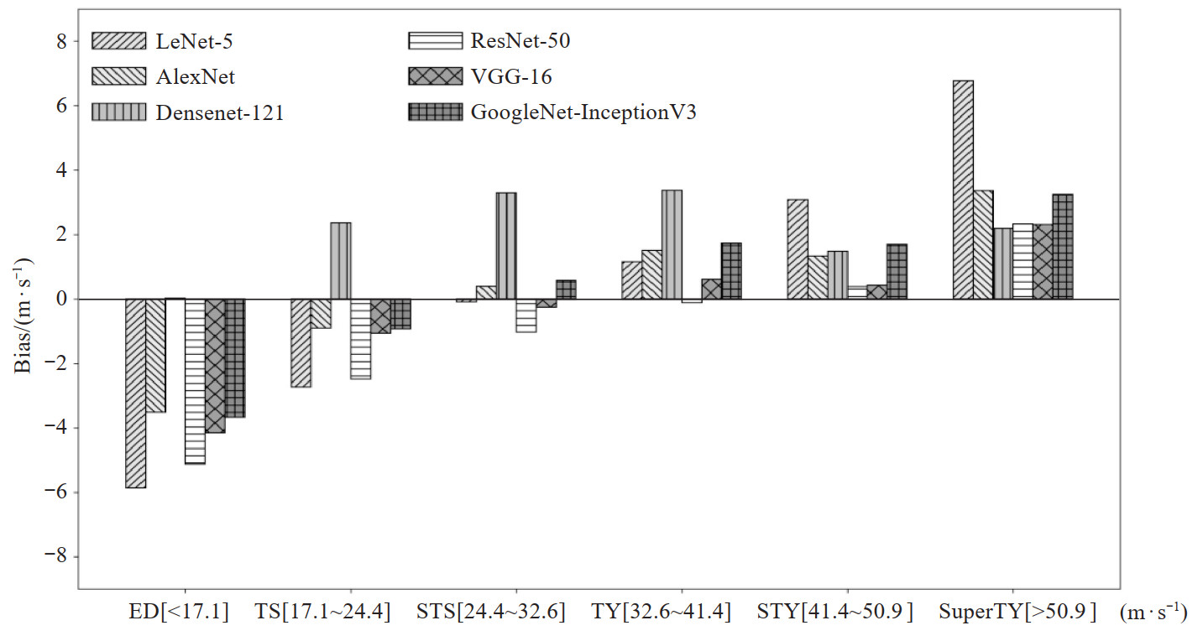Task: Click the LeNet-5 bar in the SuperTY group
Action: tap(963, 190)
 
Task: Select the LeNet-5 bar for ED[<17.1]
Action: tap(135, 393)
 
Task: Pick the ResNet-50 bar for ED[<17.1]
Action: tap(195, 381)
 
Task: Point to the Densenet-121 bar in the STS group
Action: tap(505, 246)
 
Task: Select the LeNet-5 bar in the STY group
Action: tap(798, 249)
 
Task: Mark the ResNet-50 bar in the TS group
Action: tap(360, 339)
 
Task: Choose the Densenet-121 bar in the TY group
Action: tap(672, 244)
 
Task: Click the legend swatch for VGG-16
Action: tap(434, 76)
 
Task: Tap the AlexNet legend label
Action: tap(196, 77)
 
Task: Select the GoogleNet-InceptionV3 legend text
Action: tap(583, 112)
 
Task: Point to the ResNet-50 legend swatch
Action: tap(434, 40)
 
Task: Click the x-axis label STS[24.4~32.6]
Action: tap(490, 612)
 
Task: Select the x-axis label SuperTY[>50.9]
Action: tap(1017, 612)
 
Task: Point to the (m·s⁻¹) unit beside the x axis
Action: tap(1153, 613)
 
